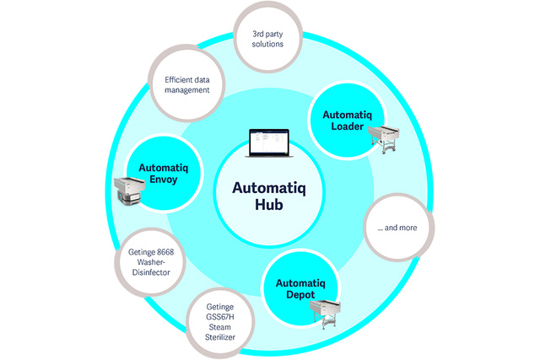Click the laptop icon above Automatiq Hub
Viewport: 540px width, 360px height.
point(266,143)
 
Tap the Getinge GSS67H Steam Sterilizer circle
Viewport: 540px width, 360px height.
point(219,322)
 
